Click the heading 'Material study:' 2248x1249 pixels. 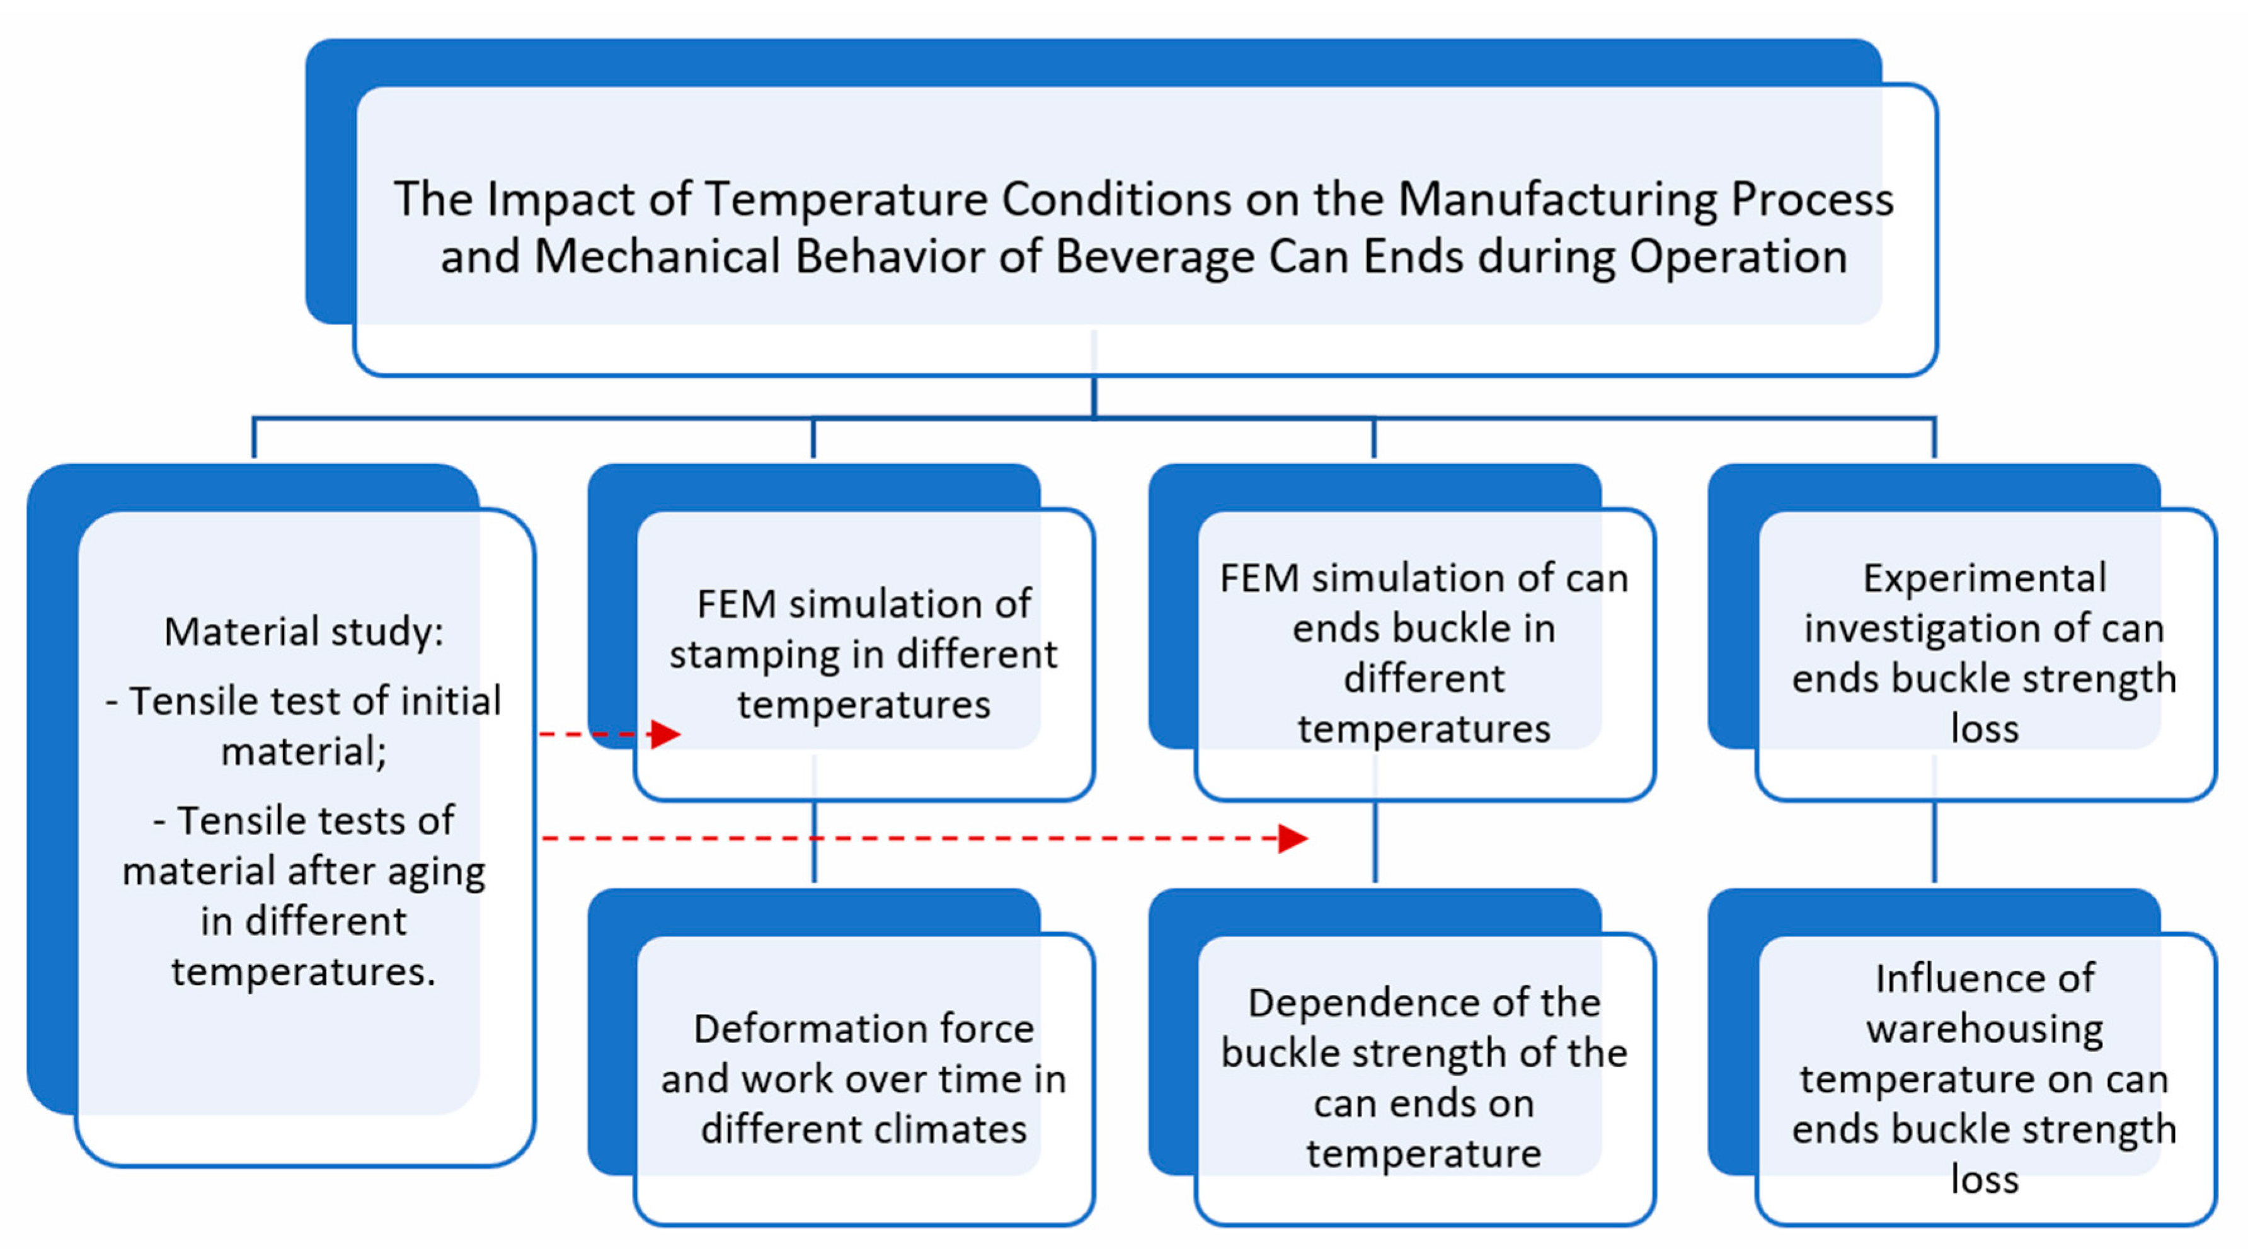[304, 631]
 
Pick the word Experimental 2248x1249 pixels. [1985, 578]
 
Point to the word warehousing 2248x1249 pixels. [1985, 1029]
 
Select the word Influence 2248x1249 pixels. [1985, 979]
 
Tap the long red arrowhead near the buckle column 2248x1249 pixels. [1293, 839]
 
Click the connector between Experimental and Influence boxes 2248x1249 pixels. [1935, 843]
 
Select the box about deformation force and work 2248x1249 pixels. [863, 1079]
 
